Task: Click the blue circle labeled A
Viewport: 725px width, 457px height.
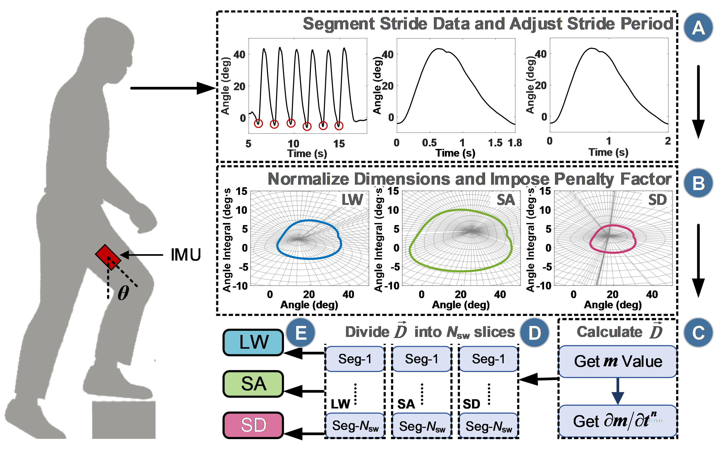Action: [x=698, y=27]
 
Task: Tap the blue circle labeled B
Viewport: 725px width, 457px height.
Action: [x=698, y=183]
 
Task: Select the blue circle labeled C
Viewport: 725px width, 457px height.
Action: [x=698, y=332]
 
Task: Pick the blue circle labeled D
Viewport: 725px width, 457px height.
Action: [x=535, y=332]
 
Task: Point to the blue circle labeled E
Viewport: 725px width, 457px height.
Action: [x=301, y=332]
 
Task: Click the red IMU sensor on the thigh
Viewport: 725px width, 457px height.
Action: [x=108, y=257]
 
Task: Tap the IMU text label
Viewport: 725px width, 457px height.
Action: [x=186, y=255]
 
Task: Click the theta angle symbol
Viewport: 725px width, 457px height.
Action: [x=123, y=293]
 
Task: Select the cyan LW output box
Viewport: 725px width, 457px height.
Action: [x=253, y=342]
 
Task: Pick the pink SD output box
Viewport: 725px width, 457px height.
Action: [x=253, y=425]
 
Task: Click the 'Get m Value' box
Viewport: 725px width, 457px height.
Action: [x=618, y=361]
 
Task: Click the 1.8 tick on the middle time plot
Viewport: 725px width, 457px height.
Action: [x=515, y=143]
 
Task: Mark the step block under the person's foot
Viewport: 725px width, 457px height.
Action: [x=124, y=419]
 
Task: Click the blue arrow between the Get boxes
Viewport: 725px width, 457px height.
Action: [x=618, y=391]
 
